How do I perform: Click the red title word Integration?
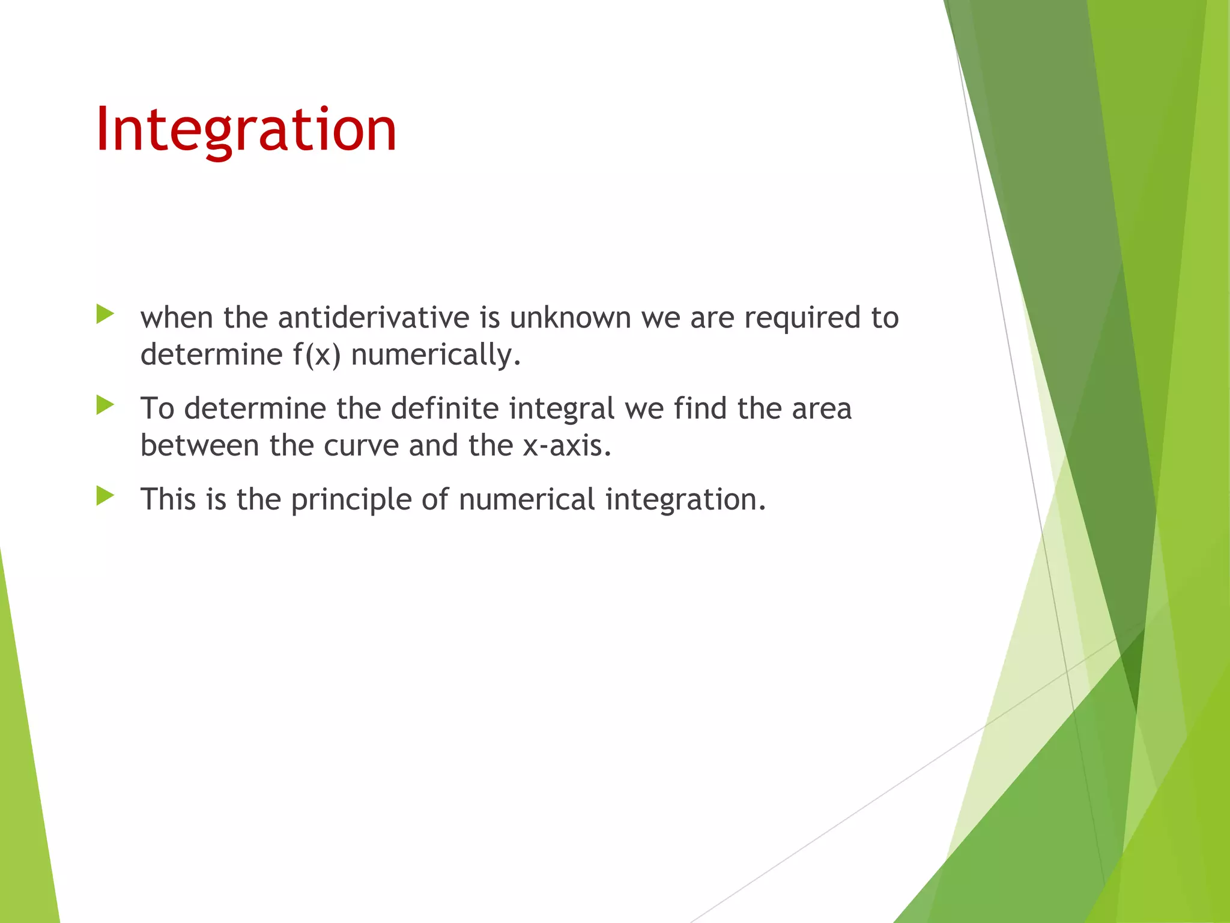[x=246, y=130]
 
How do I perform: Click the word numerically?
[x=435, y=355]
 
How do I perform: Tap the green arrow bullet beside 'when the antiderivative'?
[x=105, y=314]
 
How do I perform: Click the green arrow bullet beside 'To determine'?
[x=105, y=405]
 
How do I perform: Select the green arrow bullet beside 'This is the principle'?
[x=105, y=496]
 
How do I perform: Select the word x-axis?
[x=566, y=446]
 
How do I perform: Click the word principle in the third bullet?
[x=351, y=500]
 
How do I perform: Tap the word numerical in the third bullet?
[x=527, y=499]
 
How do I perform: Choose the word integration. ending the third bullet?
[x=685, y=500]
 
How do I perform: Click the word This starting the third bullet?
[x=168, y=499]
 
